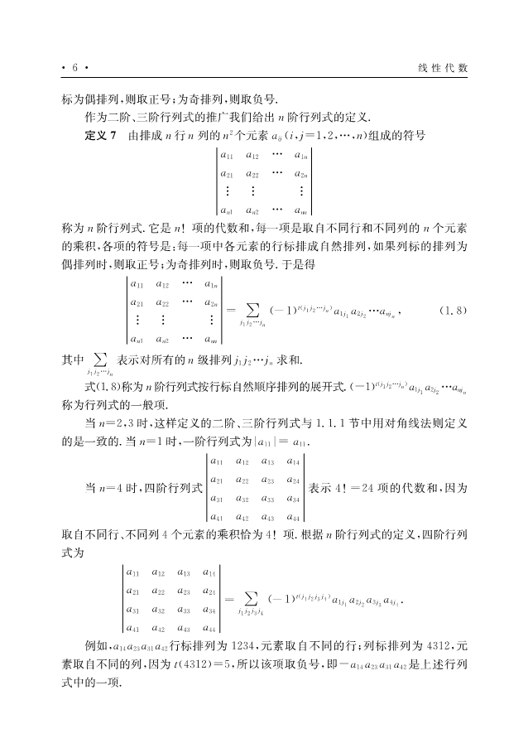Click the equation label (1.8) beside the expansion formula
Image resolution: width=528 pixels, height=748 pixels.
[453, 311]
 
